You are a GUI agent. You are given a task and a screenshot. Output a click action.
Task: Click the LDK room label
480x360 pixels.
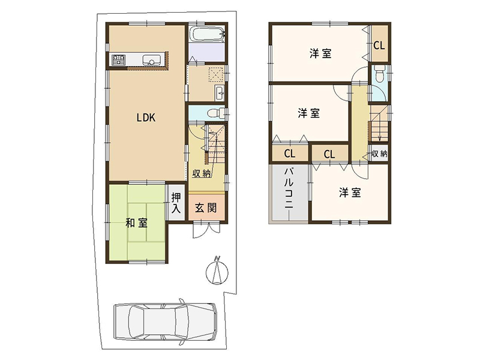(x=146, y=118)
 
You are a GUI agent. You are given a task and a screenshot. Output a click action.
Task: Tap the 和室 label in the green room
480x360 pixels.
(x=137, y=223)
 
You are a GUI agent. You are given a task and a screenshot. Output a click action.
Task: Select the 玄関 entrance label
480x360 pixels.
(x=206, y=208)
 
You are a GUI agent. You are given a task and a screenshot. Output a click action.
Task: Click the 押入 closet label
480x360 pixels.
(x=176, y=203)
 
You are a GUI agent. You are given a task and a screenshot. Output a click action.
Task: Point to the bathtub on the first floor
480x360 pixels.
(x=207, y=34)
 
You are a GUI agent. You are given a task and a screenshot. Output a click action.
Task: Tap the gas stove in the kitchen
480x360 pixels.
(x=119, y=59)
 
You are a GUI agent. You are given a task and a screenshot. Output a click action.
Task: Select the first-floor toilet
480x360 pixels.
(x=215, y=113)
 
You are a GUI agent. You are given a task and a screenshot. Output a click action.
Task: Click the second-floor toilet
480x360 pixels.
(x=379, y=74)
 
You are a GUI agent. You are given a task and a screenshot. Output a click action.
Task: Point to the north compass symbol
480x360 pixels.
(x=217, y=271)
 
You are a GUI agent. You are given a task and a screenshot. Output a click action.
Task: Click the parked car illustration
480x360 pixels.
(x=166, y=321)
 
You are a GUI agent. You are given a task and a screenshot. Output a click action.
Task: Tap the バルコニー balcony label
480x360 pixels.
(x=289, y=188)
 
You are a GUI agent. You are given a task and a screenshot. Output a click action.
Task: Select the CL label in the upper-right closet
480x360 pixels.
(x=379, y=46)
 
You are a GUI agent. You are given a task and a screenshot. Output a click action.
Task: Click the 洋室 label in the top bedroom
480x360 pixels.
(x=320, y=53)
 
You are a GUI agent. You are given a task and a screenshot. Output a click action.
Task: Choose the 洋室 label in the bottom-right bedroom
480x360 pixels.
(x=350, y=193)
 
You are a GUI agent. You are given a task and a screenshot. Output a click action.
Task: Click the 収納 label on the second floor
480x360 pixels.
(x=379, y=154)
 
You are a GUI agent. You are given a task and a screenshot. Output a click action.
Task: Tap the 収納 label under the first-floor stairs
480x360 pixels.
(x=202, y=173)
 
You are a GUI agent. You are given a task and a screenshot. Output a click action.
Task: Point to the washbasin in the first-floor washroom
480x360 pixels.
(x=220, y=93)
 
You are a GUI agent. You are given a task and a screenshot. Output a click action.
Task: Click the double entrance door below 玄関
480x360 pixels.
(x=206, y=230)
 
